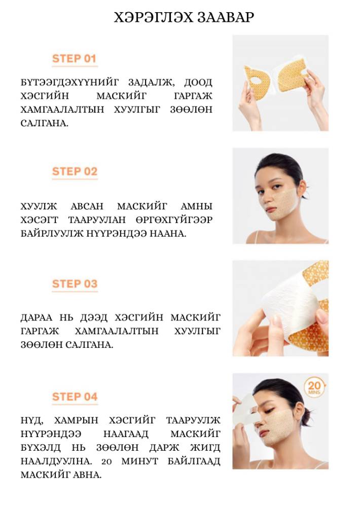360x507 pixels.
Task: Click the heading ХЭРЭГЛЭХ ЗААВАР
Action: point(184,17)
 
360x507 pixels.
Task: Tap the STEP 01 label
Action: point(75,58)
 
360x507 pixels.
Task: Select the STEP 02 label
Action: point(75,171)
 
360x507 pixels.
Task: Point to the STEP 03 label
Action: point(75,283)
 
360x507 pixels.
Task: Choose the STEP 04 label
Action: point(75,396)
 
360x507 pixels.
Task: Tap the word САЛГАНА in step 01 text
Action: point(44,123)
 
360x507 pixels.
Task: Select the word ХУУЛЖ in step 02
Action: point(39,206)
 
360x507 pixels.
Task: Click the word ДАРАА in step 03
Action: point(36,317)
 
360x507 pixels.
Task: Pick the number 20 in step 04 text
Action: point(106,461)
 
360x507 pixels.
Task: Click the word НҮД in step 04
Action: point(32,420)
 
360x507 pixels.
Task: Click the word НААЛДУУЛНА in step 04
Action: point(54,461)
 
